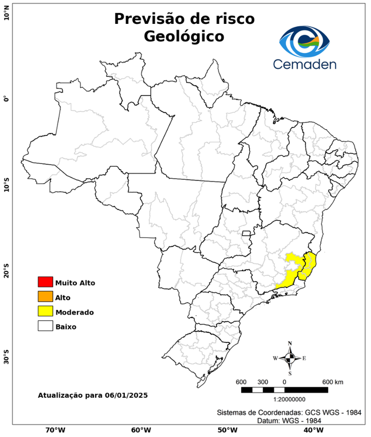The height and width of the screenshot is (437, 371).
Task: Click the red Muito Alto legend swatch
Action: [x=45, y=282]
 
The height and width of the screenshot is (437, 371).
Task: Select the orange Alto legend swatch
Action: [x=45, y=296]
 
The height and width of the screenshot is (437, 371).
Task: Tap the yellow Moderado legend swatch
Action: [x=45, y=311]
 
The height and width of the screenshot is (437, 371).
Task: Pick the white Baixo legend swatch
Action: [x=45, y=326]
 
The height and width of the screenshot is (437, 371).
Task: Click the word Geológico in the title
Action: [x=184, y=36]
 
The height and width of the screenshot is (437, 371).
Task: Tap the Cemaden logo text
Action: [x=304, y=64]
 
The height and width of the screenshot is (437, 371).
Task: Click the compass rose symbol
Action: [x=290, y=358]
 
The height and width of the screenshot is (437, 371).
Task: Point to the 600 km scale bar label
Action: [x=333, y=381]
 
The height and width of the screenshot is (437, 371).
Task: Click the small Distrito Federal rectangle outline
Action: [x=247, y=233]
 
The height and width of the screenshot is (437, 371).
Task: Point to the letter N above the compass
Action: [x=290, y=343]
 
